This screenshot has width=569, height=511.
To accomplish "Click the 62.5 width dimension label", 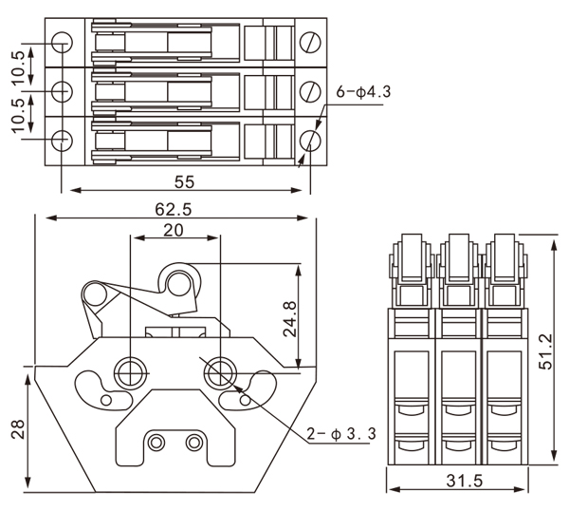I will click(x=174, y=209).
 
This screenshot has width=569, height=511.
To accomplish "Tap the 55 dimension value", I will click(x=185, y=181).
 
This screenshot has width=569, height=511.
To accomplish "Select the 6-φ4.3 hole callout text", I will click(x=363, y=93).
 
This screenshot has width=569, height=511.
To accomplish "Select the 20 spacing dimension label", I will click(x=174, y=231).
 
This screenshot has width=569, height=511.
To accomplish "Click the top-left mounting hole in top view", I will click(x=62, y=43).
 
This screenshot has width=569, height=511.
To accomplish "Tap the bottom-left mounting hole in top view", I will click(x=62, y=140).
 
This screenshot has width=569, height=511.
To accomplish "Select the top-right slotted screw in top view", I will click(x=311, y=43).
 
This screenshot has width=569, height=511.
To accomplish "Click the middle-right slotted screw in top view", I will click(x=311, y=91).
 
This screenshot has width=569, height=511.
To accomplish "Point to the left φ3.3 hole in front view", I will click(x=128, y=371).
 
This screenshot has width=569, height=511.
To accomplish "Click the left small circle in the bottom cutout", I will click(x=156, y=442).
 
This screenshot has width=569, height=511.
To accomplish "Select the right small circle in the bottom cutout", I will click(x=193, y=442).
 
